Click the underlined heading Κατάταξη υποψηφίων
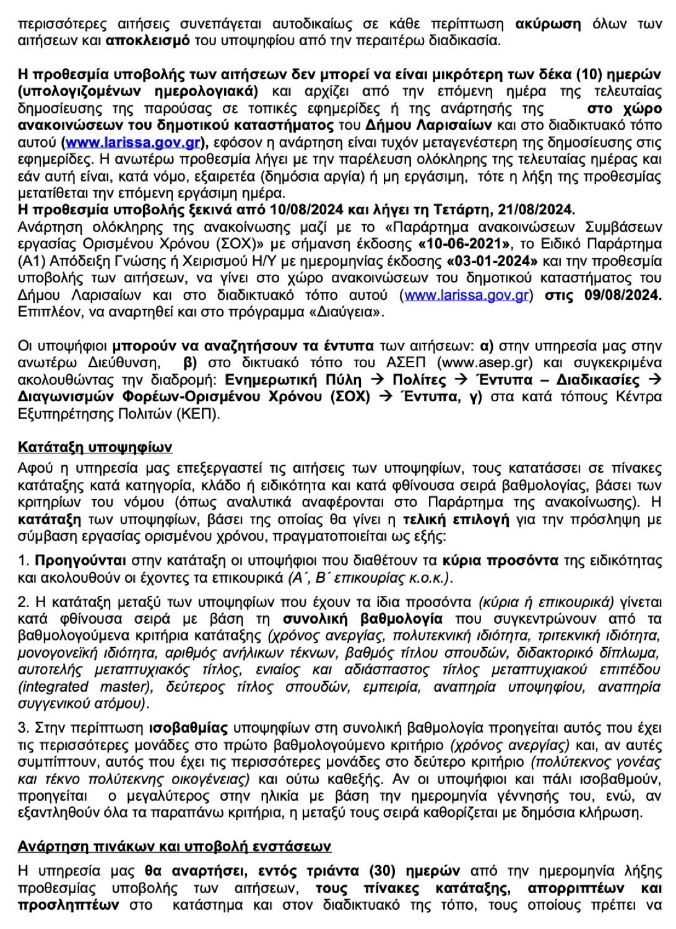pyautogui.click(x=95, y=447)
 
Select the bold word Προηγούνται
pyautogui.click(x=80, y=561)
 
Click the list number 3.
pyautogui.click(x=23, y=727)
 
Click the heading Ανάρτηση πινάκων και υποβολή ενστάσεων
pyautogui.click(x=174, y=846)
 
